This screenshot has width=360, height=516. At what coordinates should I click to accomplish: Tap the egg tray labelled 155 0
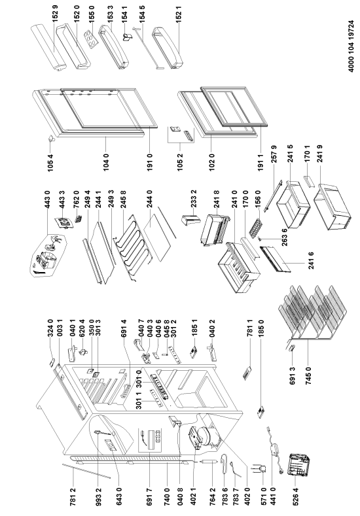tap(90, 39)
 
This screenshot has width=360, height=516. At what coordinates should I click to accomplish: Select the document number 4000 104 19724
tap(351, 46)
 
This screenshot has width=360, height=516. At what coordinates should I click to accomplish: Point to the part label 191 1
tap(261, 161)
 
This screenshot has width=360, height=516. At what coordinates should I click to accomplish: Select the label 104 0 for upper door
tap(106, 161)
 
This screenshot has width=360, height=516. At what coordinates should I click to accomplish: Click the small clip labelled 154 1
tap(126, 37)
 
